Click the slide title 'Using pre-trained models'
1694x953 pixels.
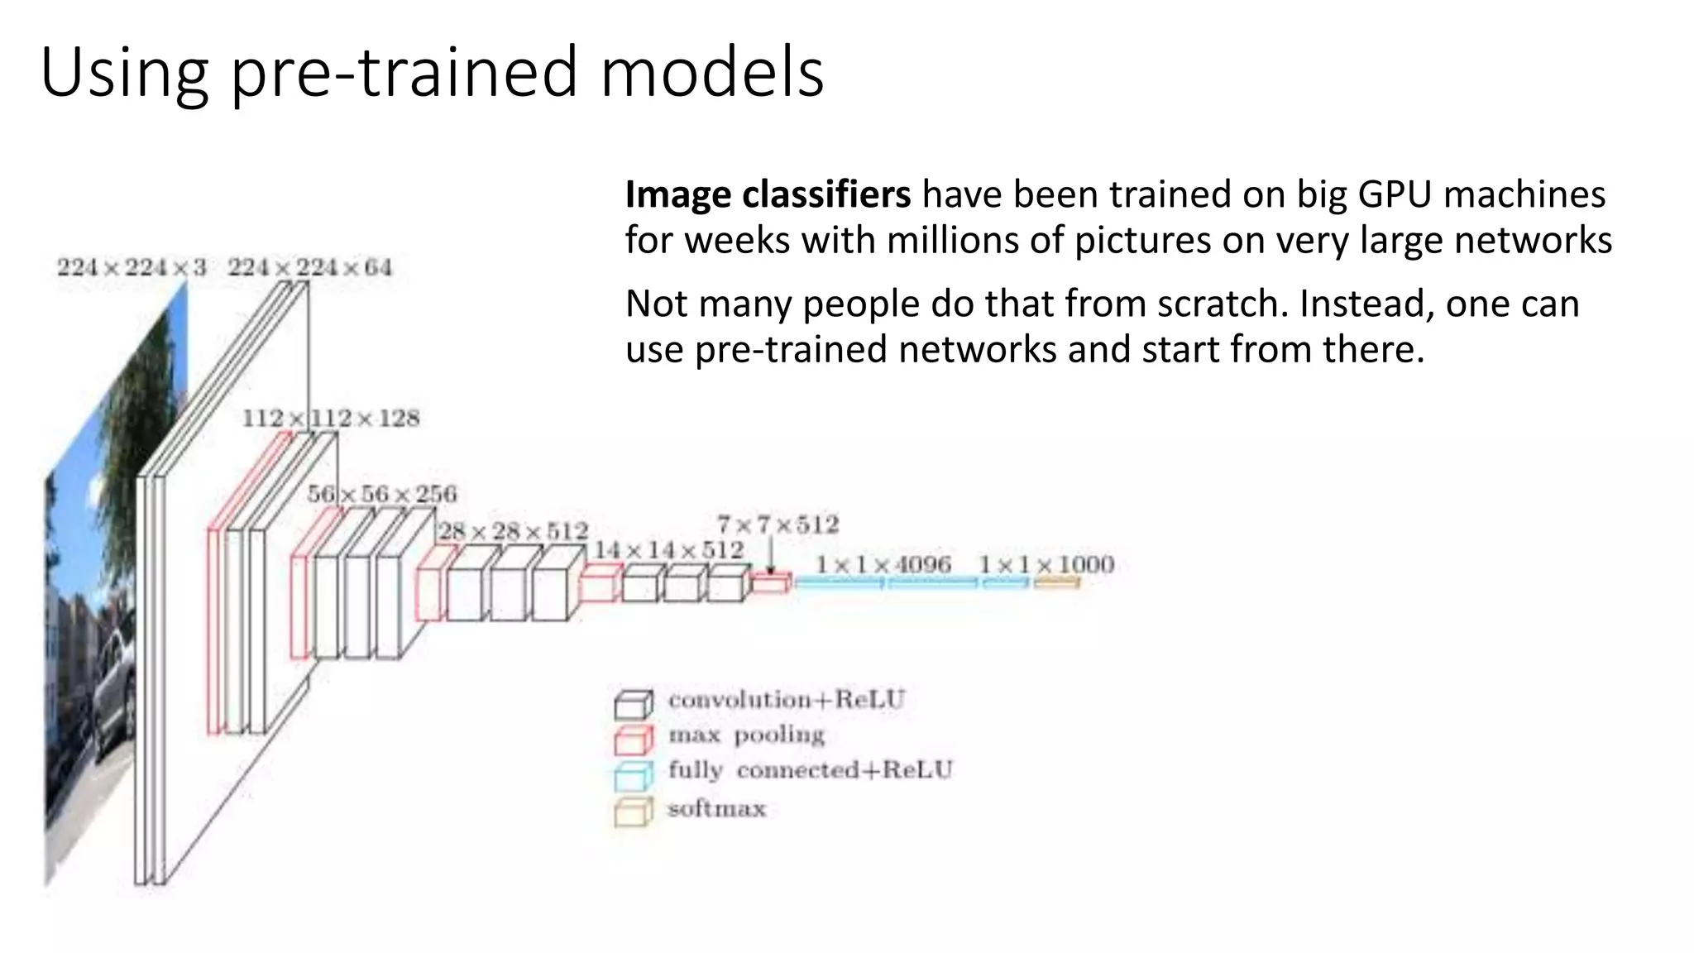click(432, 73)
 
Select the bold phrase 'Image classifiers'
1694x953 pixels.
click(768, 195)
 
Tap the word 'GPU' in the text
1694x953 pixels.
click(1395, 195)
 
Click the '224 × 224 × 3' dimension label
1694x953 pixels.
click(132, 267)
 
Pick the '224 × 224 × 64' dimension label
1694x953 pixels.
click(310, 267)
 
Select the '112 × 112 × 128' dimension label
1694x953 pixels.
click(331, 419)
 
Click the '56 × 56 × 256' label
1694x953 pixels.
click(382, 494)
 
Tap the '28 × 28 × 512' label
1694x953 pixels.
click(513, 531)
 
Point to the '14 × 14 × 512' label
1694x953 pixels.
click(669, 550)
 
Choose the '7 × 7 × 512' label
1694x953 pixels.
click(778, 524)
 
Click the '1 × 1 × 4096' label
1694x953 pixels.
click(883, 564)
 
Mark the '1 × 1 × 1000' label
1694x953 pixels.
click(1046, 564)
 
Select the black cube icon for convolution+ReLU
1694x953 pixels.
click(634, 704)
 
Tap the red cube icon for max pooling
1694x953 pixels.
click(634, 740)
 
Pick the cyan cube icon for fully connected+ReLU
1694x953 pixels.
click(634, 776)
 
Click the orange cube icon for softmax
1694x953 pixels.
click(634, 812)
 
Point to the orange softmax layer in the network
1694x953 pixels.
click(1056, 583)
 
